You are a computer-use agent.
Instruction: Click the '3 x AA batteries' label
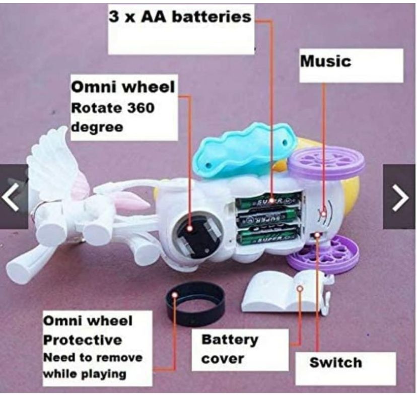180,17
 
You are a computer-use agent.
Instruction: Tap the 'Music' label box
325,62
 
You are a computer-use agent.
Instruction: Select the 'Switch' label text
335,362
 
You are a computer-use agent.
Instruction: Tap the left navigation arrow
11,196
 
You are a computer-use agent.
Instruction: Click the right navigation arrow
400,196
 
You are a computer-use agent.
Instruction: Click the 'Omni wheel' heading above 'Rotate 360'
123,87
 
